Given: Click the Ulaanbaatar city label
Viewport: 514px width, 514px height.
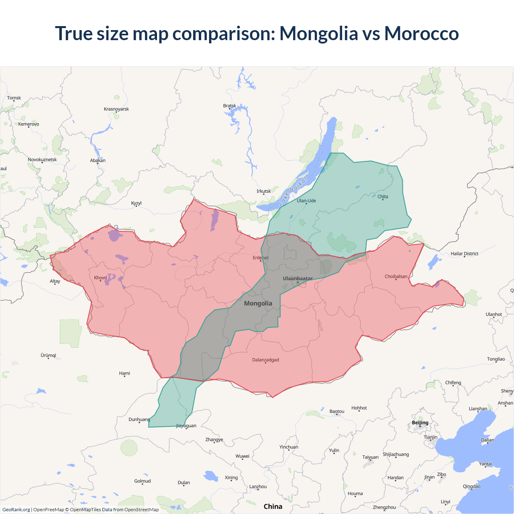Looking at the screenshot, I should [x=298, y=278].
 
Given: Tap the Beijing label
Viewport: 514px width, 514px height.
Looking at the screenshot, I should [x=420, y=422].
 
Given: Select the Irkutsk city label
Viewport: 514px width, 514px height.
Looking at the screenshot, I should [x=263, y=191].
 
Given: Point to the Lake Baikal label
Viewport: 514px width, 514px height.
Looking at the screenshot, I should [x=293, y=191].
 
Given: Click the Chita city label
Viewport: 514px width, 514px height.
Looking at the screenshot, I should [x=383, y=196].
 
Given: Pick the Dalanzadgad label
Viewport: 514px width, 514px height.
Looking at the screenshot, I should [x=265, y=360].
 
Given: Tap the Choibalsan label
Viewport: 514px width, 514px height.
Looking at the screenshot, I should [x=396, y=276].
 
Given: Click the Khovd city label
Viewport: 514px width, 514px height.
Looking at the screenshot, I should [x=100, y=277].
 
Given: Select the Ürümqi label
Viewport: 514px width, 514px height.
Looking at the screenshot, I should [x=48, y=355].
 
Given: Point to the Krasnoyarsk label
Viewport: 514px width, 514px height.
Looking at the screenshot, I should [x=116, y=109].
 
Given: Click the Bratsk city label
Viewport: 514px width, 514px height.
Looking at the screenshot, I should [x=230, y=106].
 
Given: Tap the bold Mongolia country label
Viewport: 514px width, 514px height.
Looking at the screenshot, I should [x=258, y=303].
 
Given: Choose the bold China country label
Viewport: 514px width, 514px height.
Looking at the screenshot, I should [x=273, y=506].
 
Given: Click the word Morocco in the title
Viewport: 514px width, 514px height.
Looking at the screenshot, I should [x=421, y=33].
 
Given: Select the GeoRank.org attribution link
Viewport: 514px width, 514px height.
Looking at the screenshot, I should [x=16, y=510].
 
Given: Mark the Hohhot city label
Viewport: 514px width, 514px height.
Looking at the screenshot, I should [x=359, y=408].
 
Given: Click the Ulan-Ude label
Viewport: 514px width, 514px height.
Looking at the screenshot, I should [x=306, y=200].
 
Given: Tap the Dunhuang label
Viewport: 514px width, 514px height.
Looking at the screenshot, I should [x=139, y=419].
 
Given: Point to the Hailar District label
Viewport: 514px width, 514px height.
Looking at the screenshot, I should [x=464, y=253].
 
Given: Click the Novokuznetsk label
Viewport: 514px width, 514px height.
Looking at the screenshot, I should [x=42, y=159].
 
